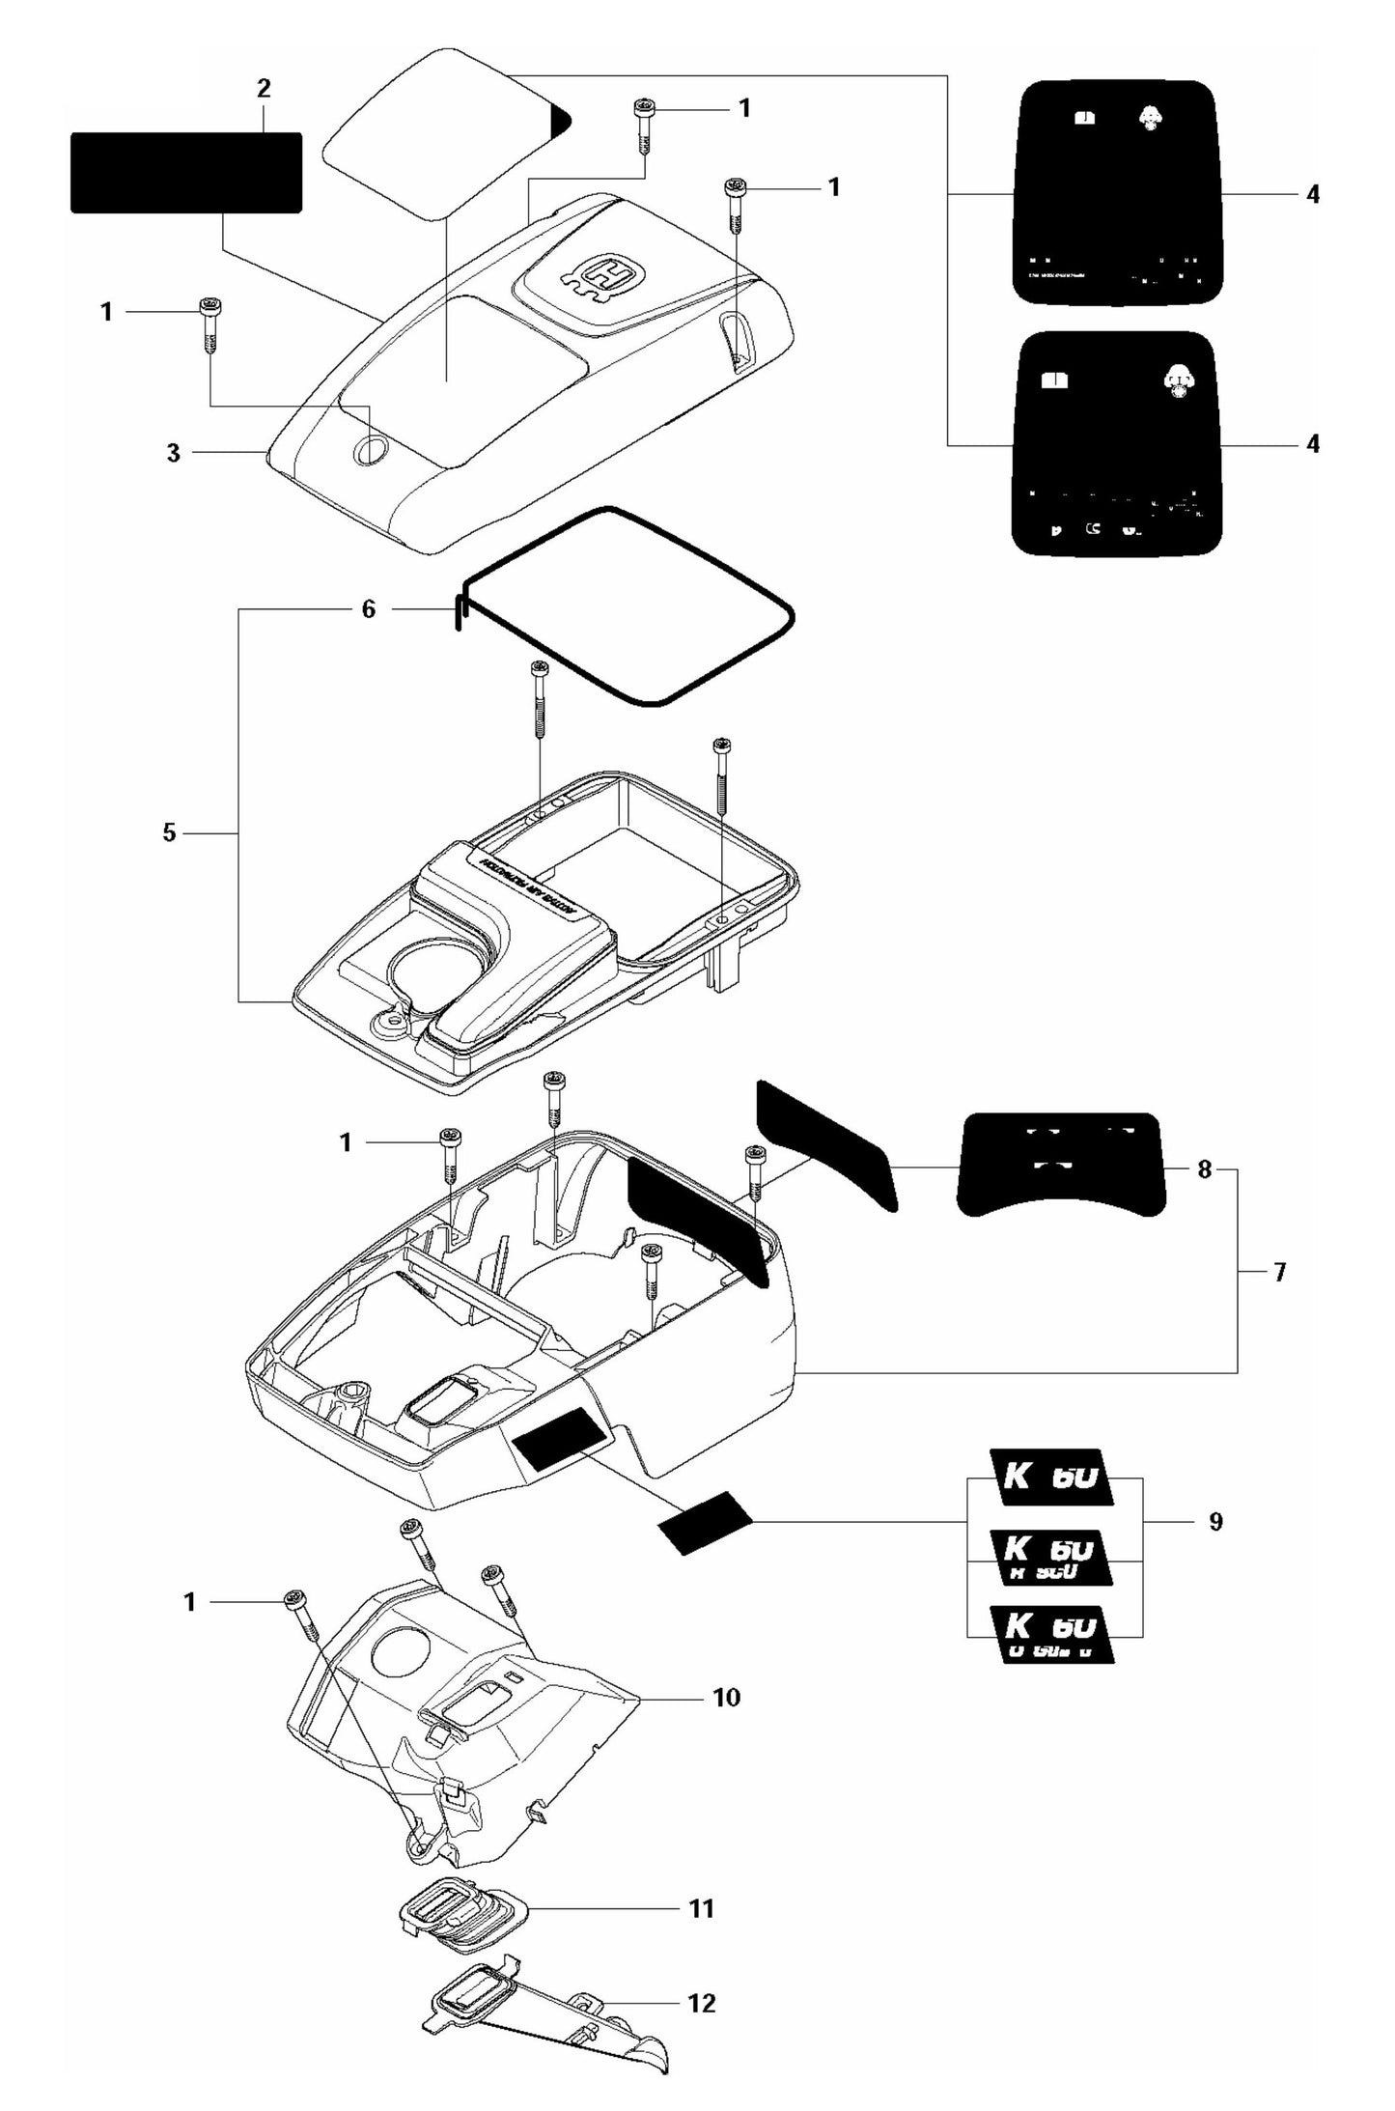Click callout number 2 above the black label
point(264,89)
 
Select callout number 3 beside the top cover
point(173,452)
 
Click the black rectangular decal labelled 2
point(186,173)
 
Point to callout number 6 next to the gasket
point(368,609)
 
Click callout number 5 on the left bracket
point(169,832)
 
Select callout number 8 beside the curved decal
point(1204,1169)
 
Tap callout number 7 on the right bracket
point(1279,1272)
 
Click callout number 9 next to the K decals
point(1215,1522)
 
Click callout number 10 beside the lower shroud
point(726,1697)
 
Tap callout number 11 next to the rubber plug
point(701,1908)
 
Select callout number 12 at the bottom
point(702,2003)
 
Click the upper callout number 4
point(1312,194)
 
